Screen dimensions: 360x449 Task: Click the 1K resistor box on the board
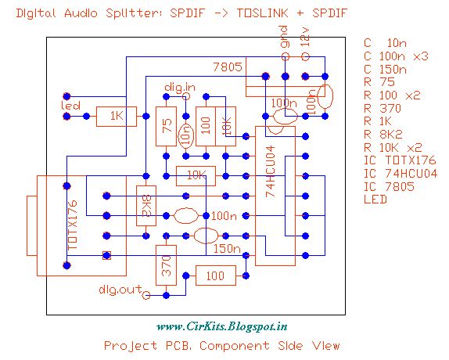[x=117, y=117]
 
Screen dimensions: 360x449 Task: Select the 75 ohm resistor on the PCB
[x=165, y=128]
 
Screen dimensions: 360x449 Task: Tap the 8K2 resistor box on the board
[x=145, y=207]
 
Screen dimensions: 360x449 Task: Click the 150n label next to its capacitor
[x=226, y=249]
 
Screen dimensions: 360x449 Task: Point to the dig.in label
[x=180, y=85]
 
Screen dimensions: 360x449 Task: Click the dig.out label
[x=120, y=290]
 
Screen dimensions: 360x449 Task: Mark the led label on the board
[x=70, y=105]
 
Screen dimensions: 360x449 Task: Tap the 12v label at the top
[x=305, y=40]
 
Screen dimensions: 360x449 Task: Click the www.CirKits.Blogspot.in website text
[x=223, y=326]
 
